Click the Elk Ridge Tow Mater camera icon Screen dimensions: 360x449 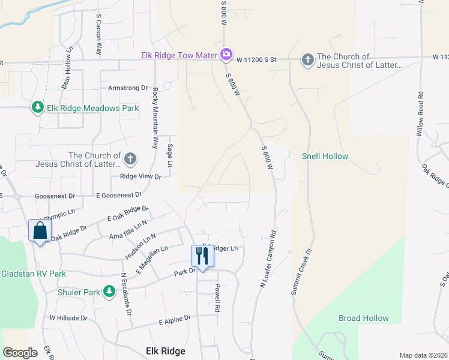(226, 55)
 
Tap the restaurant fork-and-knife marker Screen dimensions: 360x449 (201, 256)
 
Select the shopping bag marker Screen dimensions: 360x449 (40, 230)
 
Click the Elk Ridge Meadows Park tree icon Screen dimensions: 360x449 (38, 107)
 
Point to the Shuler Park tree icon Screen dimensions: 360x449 (109, 292)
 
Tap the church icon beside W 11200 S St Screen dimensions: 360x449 (307, 59)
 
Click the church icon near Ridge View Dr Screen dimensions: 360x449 (130, 159)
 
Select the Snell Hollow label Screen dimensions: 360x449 (325, 157)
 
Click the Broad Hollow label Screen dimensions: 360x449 (364, 318)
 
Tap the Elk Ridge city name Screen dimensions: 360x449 (166, 351)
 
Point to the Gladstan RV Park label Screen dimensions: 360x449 (33, 274)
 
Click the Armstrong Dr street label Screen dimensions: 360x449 (127, 88)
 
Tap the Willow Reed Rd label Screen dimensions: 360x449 (420, 114)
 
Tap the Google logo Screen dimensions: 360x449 (20, 353)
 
